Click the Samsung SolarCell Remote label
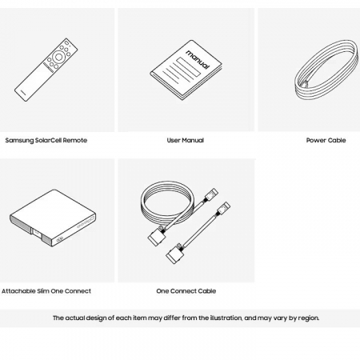(x=46, y=140)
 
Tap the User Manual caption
(x=186, y=140)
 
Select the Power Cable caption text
(x=326, y=140)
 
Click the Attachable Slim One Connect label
(x=46, y=291)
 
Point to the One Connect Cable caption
(x=186, y=291)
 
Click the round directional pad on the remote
(x=58, y=57)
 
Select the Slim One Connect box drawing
(x=53, y=218)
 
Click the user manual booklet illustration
(x=186, y=70)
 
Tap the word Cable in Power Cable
(x=337, y=140)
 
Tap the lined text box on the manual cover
(x=188, y=66)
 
